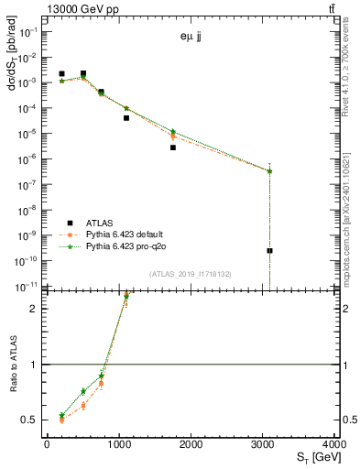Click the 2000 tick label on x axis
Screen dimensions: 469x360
pyautogui.click(x=191, y=446)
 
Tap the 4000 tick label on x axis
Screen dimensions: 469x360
pyautogui.click(x=336, y=446)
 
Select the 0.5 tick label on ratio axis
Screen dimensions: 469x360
pyautogui.click(x=34, y=420)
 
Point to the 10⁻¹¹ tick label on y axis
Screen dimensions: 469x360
pyautogui.click(x=28, y=286)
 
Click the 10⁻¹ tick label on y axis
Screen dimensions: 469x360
pyautogui.click(x=30, y=32)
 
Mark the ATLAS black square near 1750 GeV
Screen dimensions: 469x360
pyautogui.click(x=173, y=147)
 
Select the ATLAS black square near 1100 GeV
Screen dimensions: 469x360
pyautogui.click(x=126, y=117)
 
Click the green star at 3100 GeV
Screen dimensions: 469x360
pyautogui.click(x=270, y=171)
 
